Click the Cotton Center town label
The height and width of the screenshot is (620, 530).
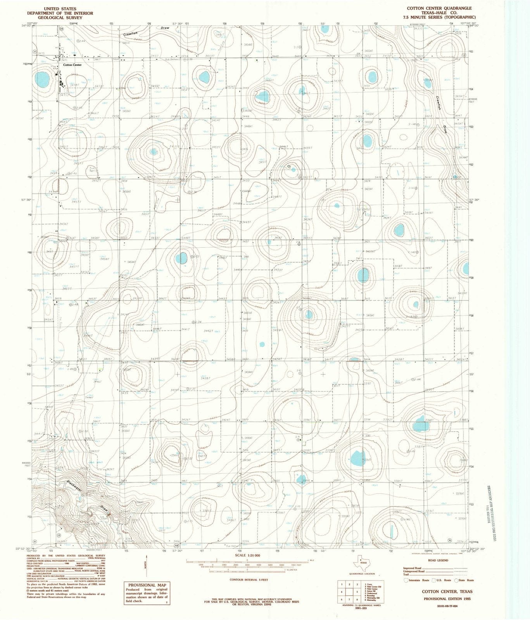click(x=72, y=65)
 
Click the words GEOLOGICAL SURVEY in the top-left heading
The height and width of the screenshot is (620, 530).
click(x=60, y=18)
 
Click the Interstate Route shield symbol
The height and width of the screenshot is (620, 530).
click(x=406, y=580)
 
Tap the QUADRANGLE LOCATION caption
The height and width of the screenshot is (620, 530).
click(x=361, y=574)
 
